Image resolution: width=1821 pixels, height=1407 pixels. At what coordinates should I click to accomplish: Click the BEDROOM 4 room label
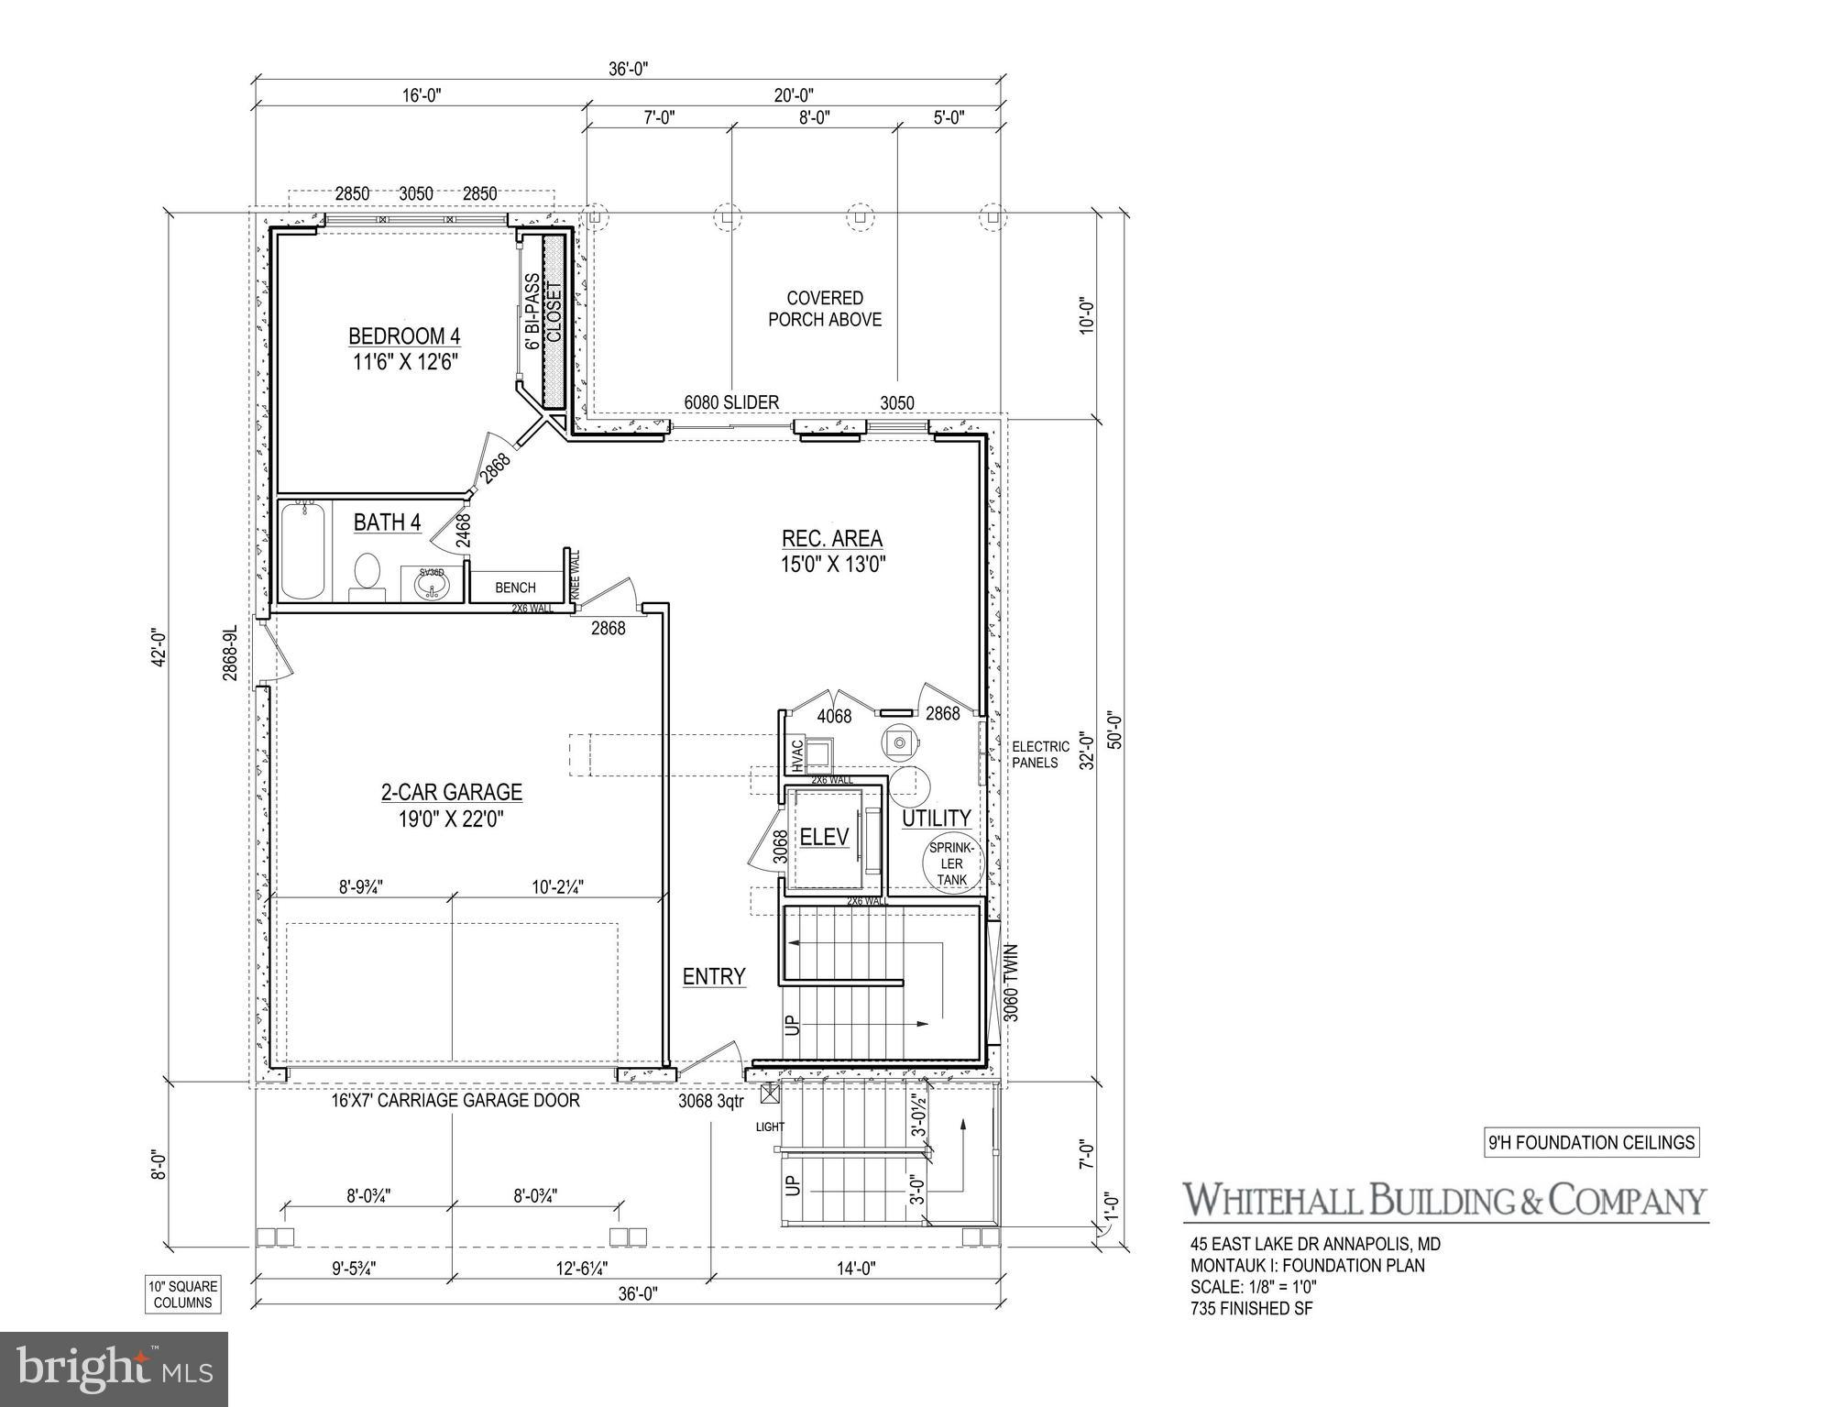click(x=404, y=335)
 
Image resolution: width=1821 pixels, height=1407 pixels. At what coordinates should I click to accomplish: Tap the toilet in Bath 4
click(x=367, y=574)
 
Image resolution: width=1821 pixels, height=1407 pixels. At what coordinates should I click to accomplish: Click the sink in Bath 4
click(x=431, y=584)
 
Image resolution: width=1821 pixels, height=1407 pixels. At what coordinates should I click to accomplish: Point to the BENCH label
click(x=515, y=588)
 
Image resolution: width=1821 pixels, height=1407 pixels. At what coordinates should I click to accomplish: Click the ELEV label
click(x=824, y=836)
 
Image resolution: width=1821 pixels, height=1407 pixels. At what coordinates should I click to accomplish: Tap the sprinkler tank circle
click(x=952, y=863)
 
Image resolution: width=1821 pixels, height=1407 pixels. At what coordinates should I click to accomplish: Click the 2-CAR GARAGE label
click(x=452, y=792)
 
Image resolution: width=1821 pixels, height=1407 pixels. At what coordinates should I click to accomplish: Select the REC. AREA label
click(x=832, y=539)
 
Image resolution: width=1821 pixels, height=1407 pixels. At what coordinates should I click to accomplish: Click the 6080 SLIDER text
click(x=731, y=402)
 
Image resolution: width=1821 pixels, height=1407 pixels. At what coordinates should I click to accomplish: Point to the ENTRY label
click(x=714, y=977)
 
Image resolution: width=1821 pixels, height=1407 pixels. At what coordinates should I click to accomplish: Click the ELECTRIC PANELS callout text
click(x=1040, y=754)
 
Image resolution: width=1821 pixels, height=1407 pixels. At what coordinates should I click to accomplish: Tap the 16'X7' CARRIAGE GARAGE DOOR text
click(x=455, y=1100)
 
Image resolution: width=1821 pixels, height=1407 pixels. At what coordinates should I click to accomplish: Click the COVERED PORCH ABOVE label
click(x=825, y=309)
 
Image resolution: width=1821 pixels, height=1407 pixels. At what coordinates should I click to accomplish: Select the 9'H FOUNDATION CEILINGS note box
click(x=1591, y=1143)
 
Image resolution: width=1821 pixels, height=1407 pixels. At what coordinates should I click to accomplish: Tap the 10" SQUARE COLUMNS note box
click(x=183, y=1294)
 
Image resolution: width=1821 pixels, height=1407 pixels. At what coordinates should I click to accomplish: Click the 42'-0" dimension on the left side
click(x=159, y=647)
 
